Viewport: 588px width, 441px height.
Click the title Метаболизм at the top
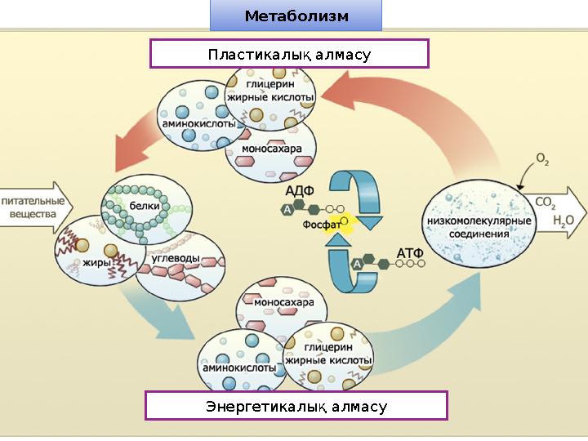[x=296, y=16]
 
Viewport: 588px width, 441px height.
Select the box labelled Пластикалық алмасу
[x=289, y=55]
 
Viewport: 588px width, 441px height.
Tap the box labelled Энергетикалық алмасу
[x=296, y=406]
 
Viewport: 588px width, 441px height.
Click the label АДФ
[x=299, y=191]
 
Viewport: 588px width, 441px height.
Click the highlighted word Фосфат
[x=322, y=223]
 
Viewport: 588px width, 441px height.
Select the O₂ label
[x=541, y=158]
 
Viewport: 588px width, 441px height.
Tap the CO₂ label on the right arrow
[x=546, y=201]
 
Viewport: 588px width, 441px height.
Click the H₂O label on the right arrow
[x=563, y=220]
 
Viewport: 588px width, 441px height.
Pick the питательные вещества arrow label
[x=33, y=207]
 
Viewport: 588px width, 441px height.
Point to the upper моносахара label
[x=272, y=150]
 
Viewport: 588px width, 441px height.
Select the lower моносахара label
[x=283, y=303]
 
